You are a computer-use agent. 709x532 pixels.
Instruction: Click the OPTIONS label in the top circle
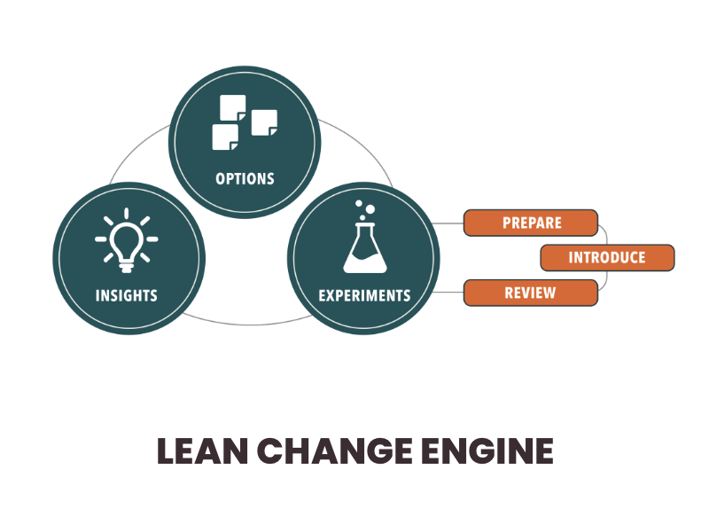coord(245,178)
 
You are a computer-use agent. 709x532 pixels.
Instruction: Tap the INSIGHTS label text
coord(127,294)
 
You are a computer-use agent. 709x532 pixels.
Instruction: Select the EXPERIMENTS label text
coord(364,294)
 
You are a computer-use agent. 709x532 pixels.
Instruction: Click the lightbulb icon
coord(127,240)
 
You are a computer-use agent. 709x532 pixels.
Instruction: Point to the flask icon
coord(364,244)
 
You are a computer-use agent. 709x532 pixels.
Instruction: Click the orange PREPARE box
coord(531,223)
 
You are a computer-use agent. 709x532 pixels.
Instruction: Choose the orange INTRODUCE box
coord(607,258)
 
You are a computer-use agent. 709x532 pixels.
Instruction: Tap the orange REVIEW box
coord(531,293)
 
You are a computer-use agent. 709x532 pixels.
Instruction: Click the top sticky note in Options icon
coord(233,107)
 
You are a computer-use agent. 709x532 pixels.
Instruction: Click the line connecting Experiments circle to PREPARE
coord(451,223)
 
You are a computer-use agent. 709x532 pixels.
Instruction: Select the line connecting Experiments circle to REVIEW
coord(451,293)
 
